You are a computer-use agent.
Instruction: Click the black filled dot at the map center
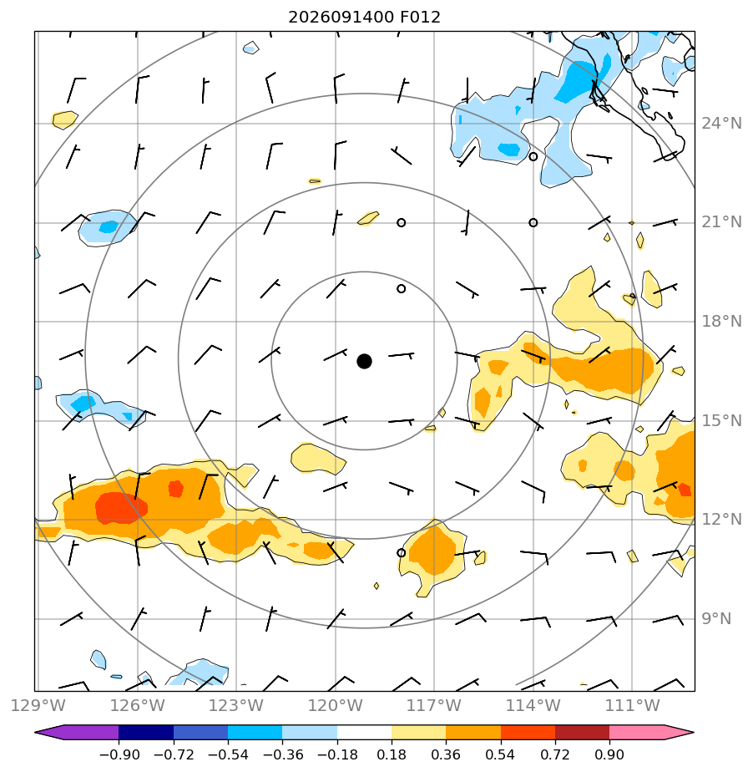tap(364, 362)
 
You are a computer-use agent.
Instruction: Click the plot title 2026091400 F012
tap(364, 18)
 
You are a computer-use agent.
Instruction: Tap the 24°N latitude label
tap(721, 123)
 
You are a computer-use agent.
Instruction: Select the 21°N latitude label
tap(721, 222)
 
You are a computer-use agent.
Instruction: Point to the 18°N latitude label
tap(721, 322)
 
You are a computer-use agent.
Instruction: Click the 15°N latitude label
tap(721, 421)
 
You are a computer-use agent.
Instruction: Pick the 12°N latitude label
tap(721, 519)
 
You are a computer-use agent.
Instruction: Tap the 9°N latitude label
tap(716, 618)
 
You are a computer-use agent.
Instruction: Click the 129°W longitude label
tap(38, 705)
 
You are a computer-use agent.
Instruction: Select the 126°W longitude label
tap(137, 705)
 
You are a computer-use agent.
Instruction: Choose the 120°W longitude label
tap(336, 705)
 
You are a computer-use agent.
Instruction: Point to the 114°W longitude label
tap(533, 705)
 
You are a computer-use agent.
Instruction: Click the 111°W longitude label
tap(632, 705)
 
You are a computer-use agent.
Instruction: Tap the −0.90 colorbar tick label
tap(119, 754)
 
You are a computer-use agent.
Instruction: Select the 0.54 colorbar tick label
tap(500, 754)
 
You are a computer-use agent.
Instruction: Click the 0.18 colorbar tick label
tap(392, 754)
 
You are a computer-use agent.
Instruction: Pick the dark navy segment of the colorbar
tap(146, 732)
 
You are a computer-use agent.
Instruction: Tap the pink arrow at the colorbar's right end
tap(652, 732)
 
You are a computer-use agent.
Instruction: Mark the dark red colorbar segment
tap(583, 732)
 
